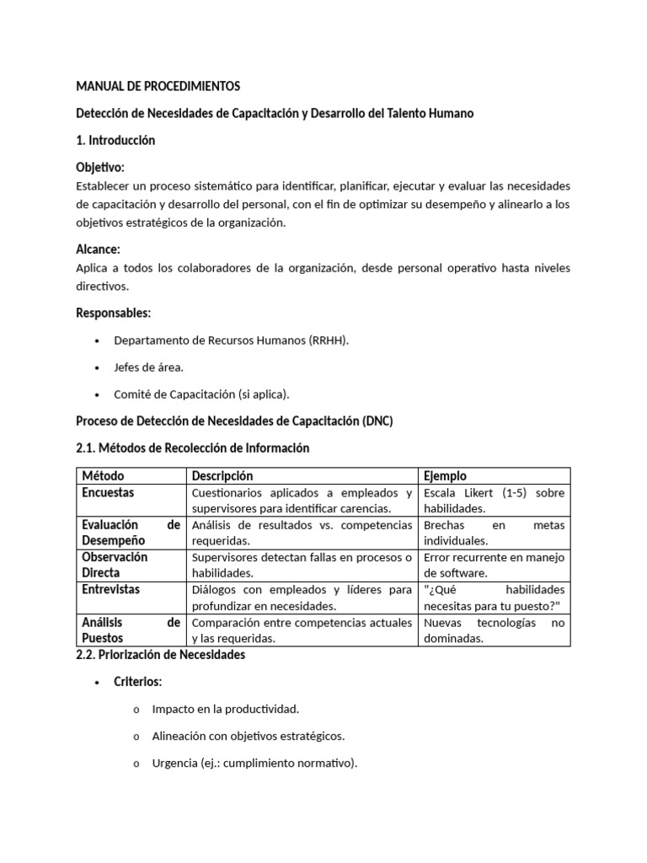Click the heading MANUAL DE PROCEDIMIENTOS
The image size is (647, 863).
[x=158, y=86]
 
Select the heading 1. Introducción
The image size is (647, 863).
[x=115, y=140]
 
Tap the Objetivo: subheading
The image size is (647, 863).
[x=100, y=168]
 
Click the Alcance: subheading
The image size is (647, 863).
[x=98, y=249]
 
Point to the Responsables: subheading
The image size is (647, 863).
[x=113, y=313]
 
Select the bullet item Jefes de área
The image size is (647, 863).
[x=148, y=367]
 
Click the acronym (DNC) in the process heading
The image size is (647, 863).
[x=377, y=421]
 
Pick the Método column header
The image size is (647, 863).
[x=103, y=476]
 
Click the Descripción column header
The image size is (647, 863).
[x=222, y=476]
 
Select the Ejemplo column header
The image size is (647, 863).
[x=446, y=476]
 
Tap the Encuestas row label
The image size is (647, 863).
[x=108, y=492]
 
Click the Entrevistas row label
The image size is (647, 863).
[x=110, y=589]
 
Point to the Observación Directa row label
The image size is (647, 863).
[x=115, y=565]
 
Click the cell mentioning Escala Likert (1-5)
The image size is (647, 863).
[x=494, y=501]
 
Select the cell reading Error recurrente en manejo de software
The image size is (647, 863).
[x=494, y=565]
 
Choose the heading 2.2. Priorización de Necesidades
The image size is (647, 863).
[x=160, y=655]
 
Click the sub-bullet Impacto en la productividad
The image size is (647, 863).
[x=225, y=709]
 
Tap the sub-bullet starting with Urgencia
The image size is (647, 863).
[x=254, y=764]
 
